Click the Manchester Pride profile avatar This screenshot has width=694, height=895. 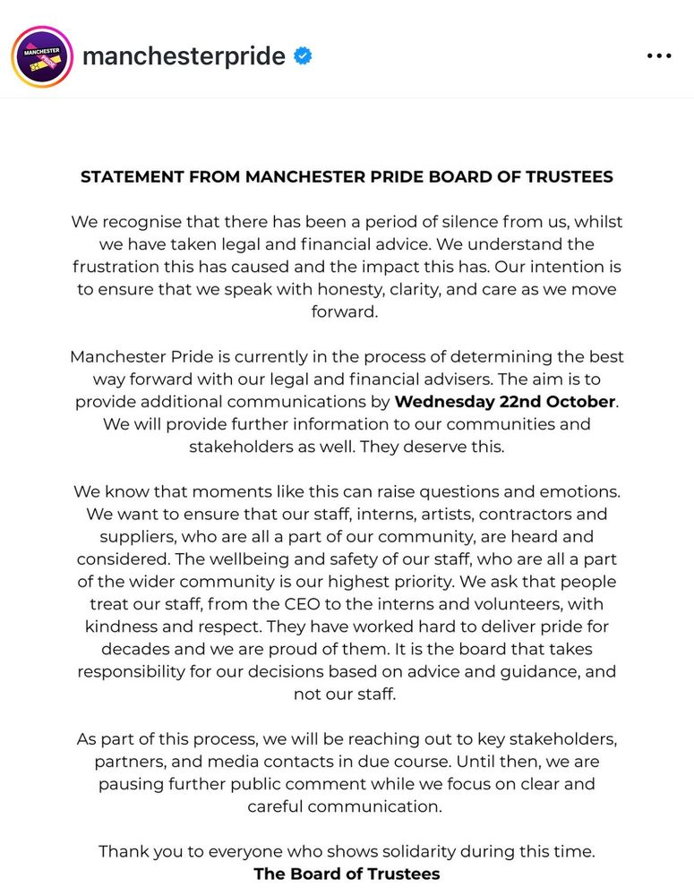coord(41,55)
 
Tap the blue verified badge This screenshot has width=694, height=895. coord(304,56)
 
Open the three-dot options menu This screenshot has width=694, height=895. coord(658,56)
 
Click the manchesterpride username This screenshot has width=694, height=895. coord(184,56)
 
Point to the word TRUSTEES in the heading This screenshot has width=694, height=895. coord(570,176)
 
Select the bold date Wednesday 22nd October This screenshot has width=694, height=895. coord(505,401)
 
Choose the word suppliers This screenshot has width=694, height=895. coord(131,537)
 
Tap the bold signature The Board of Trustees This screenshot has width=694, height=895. coord(347,874)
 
